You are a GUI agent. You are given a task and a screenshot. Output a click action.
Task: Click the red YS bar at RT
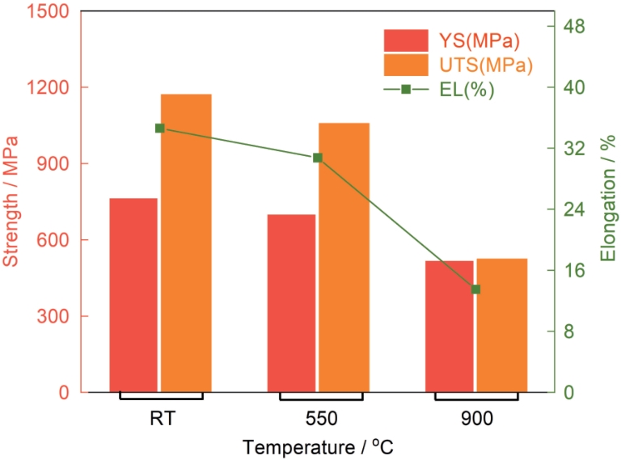tap(133, 295)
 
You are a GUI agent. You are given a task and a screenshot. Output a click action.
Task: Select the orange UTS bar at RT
tap(186, 243)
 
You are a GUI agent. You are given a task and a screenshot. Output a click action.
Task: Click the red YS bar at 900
tap(449, 326)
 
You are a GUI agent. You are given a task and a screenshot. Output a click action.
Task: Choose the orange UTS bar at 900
tap(501, 325)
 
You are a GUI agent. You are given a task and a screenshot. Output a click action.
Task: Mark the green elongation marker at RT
tap(159, 128)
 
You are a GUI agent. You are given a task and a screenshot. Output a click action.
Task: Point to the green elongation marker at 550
tap(318, 158)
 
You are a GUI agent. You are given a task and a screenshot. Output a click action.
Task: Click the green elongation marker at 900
tap(475, 289)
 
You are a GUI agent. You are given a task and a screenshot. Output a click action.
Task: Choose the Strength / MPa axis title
tap(11, 200)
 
